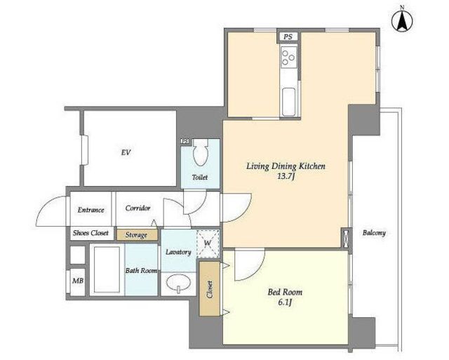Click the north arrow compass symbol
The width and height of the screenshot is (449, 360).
[x=402, y=20]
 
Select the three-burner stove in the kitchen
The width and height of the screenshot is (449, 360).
[x=288, y=57]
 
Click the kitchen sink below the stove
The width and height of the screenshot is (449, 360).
[x=288, y=102]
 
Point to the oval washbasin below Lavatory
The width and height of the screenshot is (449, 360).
[x=179, y=284]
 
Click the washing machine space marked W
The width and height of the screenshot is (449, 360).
[x=208, y=244]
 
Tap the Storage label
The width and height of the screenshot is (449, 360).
[x=136, y=235]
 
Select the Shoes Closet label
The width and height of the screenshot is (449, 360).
[x=91, y=233]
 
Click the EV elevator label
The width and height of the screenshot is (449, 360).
[x=126, y=152]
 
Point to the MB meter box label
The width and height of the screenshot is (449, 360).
[x=78, y=281]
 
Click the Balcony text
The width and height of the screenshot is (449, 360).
[x=374, y=233]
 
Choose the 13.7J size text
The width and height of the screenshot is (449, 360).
[x=286, y=177]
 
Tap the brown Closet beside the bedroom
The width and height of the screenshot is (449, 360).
[x=209, y=288]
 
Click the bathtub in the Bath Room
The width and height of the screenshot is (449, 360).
[x=107, y=269]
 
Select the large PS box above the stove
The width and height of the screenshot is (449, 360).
[x=288, y=37]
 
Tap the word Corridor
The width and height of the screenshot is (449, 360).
[x=138, y=208]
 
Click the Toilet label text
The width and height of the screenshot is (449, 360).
[x=200, y=178]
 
